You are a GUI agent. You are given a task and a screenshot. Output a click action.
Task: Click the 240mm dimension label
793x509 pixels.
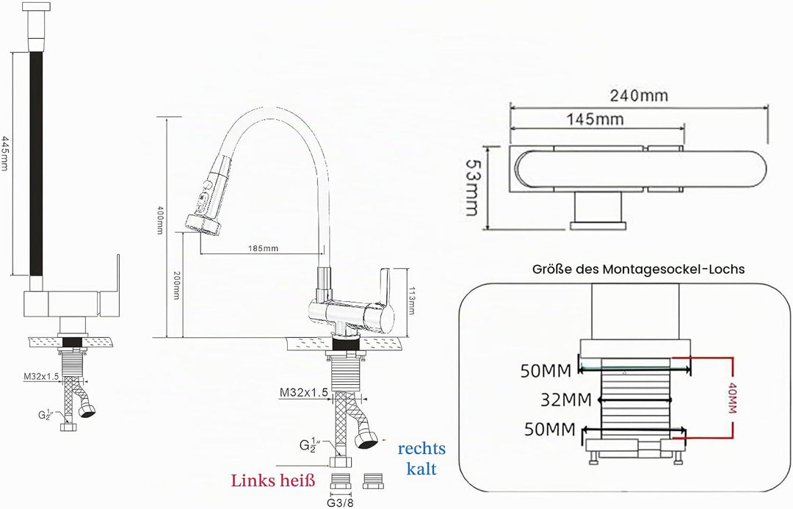(638, 95)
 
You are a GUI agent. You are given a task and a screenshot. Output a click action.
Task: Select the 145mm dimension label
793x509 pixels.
(595, 120)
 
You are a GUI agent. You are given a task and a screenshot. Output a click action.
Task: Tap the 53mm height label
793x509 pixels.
(472, 188)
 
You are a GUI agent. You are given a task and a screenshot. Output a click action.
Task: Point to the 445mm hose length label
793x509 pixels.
(4, 153)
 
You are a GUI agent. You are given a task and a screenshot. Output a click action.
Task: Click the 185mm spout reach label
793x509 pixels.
(263, 248)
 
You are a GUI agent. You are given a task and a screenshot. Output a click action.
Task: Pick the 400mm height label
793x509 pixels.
(160, 220)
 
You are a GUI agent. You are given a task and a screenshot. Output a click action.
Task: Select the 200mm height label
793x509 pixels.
(176, 286)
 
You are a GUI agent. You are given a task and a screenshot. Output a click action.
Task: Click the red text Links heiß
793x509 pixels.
(273, 480)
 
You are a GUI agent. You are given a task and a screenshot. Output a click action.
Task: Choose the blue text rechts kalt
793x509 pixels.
(421, 458)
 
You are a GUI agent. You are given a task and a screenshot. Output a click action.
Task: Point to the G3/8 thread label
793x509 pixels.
(341, 502)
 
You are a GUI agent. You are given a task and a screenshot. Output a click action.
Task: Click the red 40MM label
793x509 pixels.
(732, 398)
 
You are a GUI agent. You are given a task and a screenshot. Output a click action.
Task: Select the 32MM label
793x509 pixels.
(566, 400)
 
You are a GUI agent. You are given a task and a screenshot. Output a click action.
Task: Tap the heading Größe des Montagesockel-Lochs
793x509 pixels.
(638, 269)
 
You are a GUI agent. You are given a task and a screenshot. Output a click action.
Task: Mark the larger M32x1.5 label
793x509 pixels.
(304, 392)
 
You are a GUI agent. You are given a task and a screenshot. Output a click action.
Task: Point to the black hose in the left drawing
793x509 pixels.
(36, 164)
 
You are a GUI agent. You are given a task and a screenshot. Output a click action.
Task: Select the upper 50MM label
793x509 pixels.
(546, 372)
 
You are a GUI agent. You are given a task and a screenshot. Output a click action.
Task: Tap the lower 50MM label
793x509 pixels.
(550, 430)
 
